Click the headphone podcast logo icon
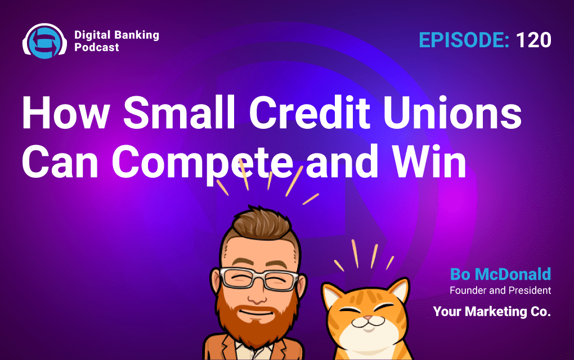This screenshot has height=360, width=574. [44, 41]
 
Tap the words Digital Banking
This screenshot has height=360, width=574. [117, 35]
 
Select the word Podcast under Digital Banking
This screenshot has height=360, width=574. [97, 47]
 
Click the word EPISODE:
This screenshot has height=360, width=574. [464, 40]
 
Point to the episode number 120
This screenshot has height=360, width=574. [533, 40]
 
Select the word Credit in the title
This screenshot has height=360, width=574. [310, 112]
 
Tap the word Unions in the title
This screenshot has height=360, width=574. [452, 112]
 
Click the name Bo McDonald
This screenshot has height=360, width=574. [500, 274]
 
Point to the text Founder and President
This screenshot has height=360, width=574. [500, 290]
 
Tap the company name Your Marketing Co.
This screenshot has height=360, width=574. [492, 311]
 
